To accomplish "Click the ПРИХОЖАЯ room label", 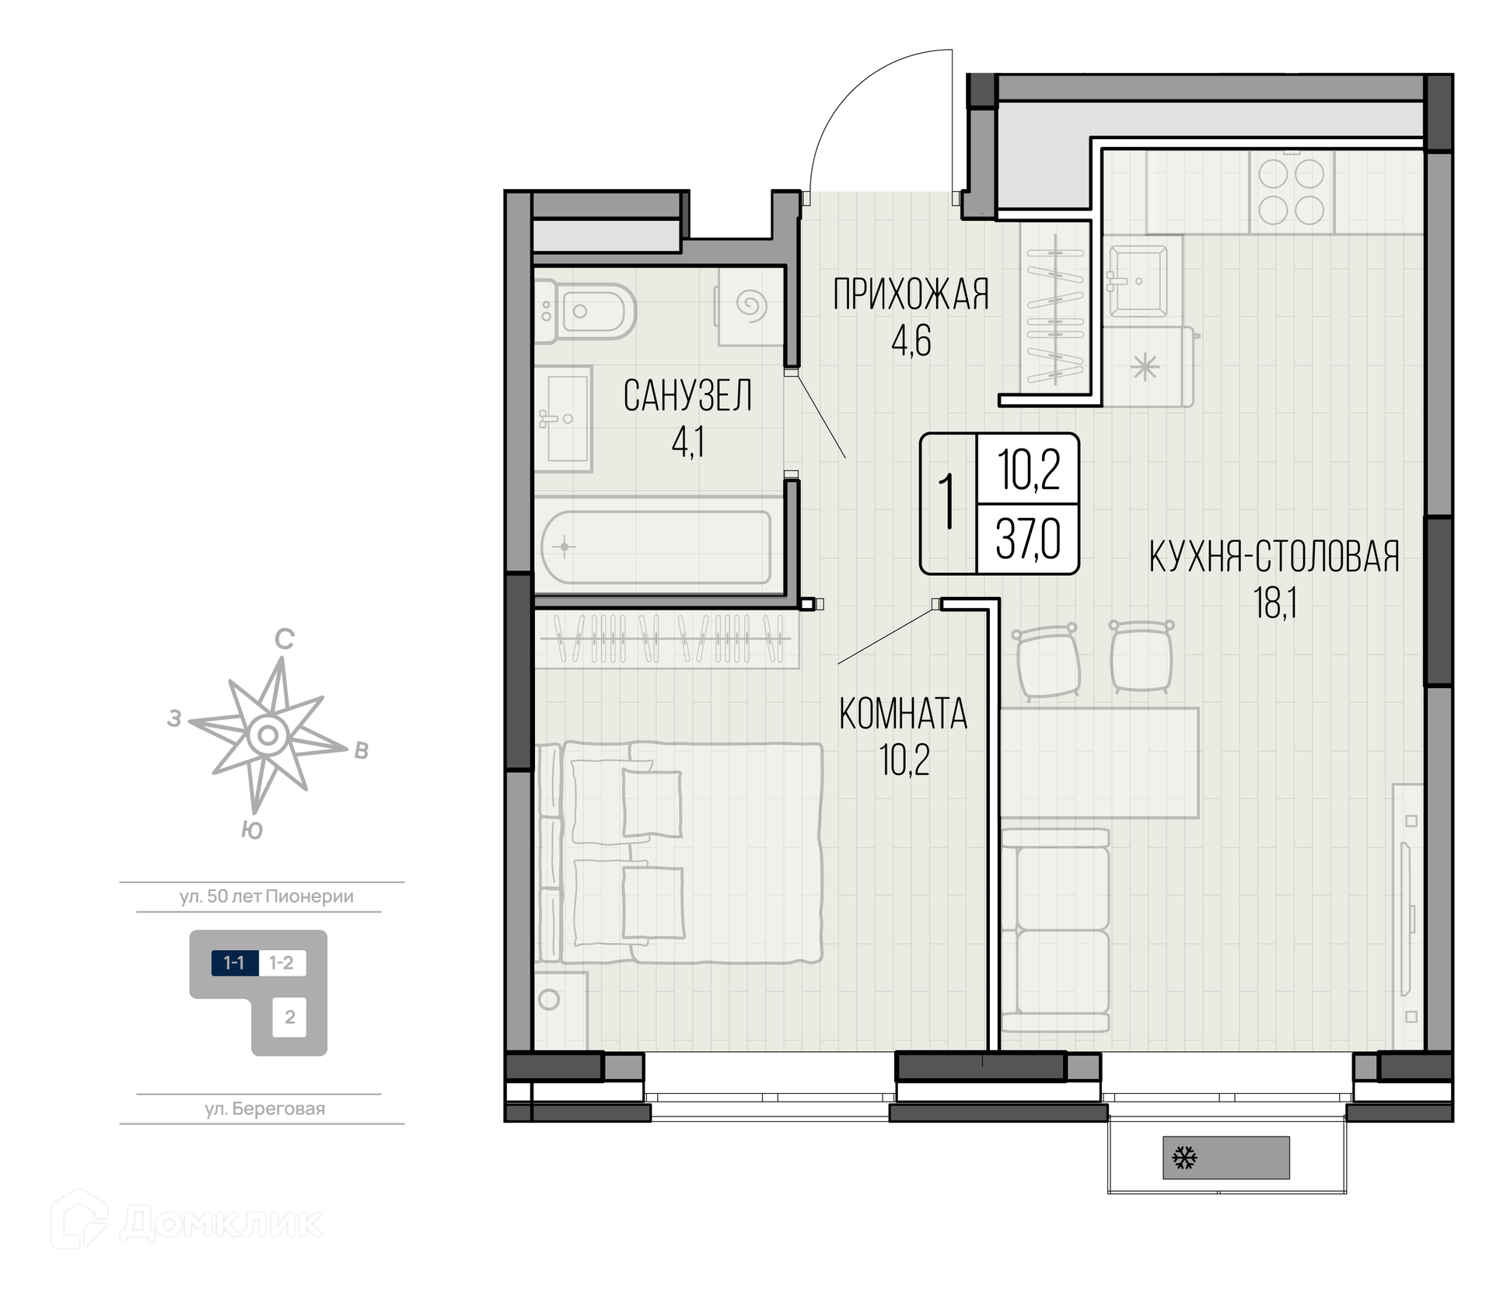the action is coord(911,295).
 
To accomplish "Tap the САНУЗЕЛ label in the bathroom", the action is coord(687,396).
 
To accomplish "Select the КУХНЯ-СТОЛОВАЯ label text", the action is coord(1274,557).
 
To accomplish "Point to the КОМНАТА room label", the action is coord(904,714).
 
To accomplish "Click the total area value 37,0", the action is coord(1028,540).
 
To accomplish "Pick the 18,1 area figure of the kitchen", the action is coord(1274,603).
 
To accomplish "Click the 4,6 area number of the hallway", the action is coord(911,341).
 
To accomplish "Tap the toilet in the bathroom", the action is coord(586,312).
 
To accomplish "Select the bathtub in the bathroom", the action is coord(656,547).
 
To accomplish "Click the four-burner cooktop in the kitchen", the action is coord(1291,192).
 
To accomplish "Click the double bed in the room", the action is coord(679,853).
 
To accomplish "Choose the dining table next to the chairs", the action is coord(1100,762).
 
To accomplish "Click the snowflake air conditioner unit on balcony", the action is coord(1226,1158).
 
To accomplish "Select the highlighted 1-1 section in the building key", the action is coord(235,963).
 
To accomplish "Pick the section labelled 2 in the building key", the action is coord(290,1017).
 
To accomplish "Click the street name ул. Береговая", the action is coord(265,1109).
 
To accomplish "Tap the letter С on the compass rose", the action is coord(285,639).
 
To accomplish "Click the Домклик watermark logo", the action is coord(187,1223).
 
